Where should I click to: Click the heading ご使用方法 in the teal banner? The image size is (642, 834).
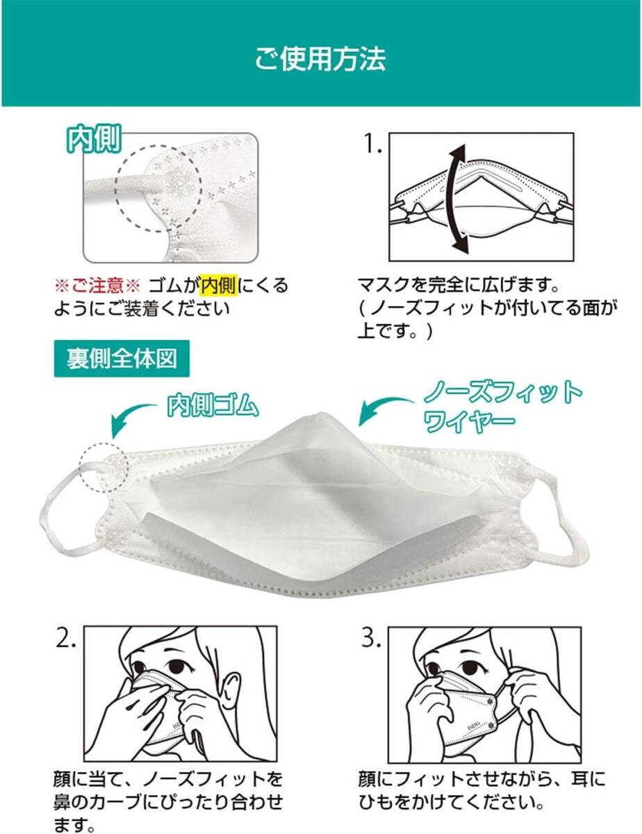(x=320, y=60)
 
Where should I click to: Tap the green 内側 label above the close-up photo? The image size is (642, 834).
(x=94, y=138)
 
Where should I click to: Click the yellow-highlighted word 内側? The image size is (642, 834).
(x=219, y=285)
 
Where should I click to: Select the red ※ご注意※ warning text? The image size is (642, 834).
(x=98, y=286)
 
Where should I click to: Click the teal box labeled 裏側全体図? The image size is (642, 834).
(x=122, y=359)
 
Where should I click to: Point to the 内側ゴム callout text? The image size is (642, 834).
(x=213, y=406)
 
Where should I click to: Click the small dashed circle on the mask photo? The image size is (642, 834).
(x=104, y=467)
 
